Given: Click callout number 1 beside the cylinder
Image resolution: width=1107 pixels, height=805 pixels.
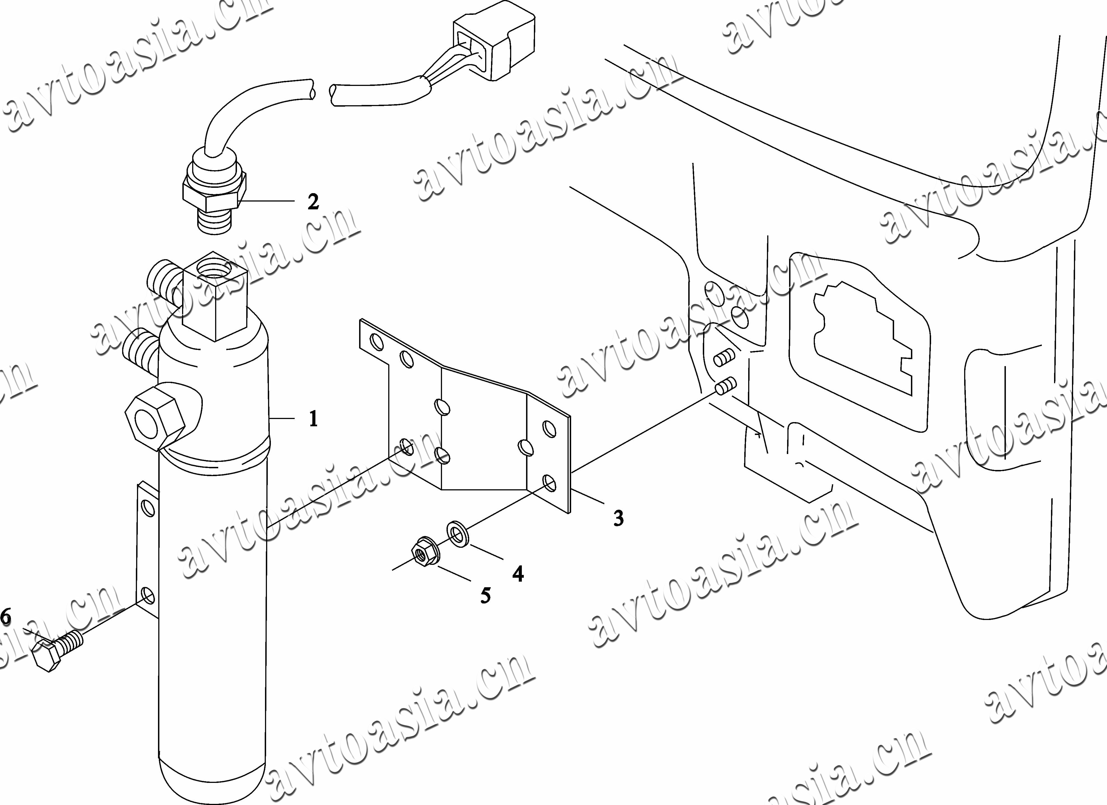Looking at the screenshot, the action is (x=313, y=419).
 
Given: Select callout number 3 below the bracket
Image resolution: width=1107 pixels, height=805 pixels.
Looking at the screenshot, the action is (x=618, y=518).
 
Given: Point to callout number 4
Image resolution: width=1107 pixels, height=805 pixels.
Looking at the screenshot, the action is (x=518, y=574).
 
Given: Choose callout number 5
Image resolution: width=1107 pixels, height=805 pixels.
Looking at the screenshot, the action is (x=485, y=595).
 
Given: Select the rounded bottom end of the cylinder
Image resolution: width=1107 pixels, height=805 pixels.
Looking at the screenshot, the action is (x=212, y=781).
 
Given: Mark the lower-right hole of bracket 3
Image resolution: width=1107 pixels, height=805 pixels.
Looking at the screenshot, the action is (x=549, y=483).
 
